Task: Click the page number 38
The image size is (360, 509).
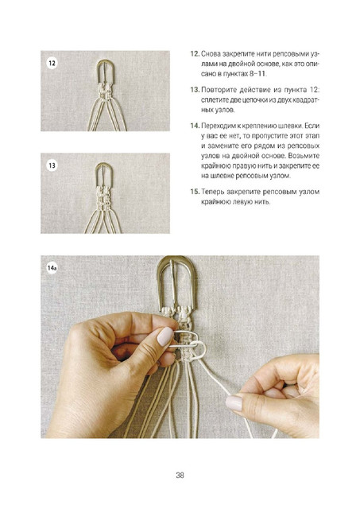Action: click(180, 476)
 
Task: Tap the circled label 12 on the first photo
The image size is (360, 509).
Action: click(52, 63)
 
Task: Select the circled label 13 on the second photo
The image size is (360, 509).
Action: click(52, 165)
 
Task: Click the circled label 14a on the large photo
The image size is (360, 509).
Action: click(52, 268)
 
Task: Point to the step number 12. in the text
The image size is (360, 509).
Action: click(195, 53)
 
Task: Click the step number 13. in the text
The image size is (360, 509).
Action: click(195, 89)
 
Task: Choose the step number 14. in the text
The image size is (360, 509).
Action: click(195, 126)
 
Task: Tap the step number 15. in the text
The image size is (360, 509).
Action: click(195, 192)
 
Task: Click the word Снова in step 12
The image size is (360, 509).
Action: click(210, 53)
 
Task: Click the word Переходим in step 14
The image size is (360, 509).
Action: click(215, 126)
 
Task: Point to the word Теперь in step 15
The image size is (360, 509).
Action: click(212, 192)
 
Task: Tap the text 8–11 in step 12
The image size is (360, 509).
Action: click(257, 74)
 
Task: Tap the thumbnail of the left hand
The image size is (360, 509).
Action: click(165, 336)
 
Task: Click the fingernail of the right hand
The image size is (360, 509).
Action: click(234, 403)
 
